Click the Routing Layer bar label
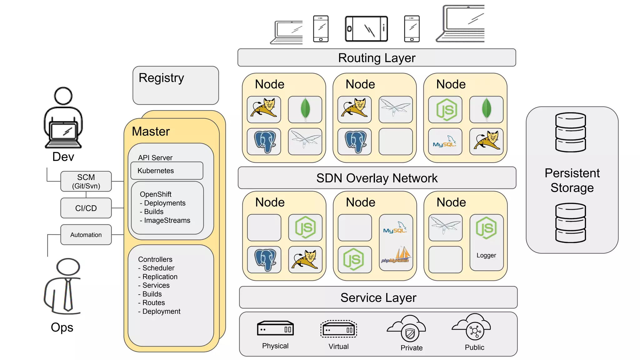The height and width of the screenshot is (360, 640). (377, 58)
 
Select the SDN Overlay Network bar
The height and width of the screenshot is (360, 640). (377, 178)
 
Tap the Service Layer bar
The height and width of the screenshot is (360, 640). (378, 297)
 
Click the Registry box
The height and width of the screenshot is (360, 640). (176, 85)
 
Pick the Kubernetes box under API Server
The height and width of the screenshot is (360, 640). (167, 171)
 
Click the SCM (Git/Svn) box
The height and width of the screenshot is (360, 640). (86, 182)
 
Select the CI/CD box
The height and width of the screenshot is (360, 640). (86, 208)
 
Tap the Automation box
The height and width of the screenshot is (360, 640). (86, 235)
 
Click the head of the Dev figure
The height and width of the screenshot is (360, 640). (63, 96)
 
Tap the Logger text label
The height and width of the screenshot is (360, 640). (486, 255)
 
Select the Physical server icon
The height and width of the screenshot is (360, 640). (275, 328)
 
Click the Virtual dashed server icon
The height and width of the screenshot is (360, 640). (338, 329)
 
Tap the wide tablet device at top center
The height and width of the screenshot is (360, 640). (366, 29)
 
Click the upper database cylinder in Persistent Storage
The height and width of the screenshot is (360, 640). (570, 132)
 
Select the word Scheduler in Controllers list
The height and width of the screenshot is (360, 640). (158, 268)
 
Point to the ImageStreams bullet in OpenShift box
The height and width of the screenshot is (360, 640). (167, 221)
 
